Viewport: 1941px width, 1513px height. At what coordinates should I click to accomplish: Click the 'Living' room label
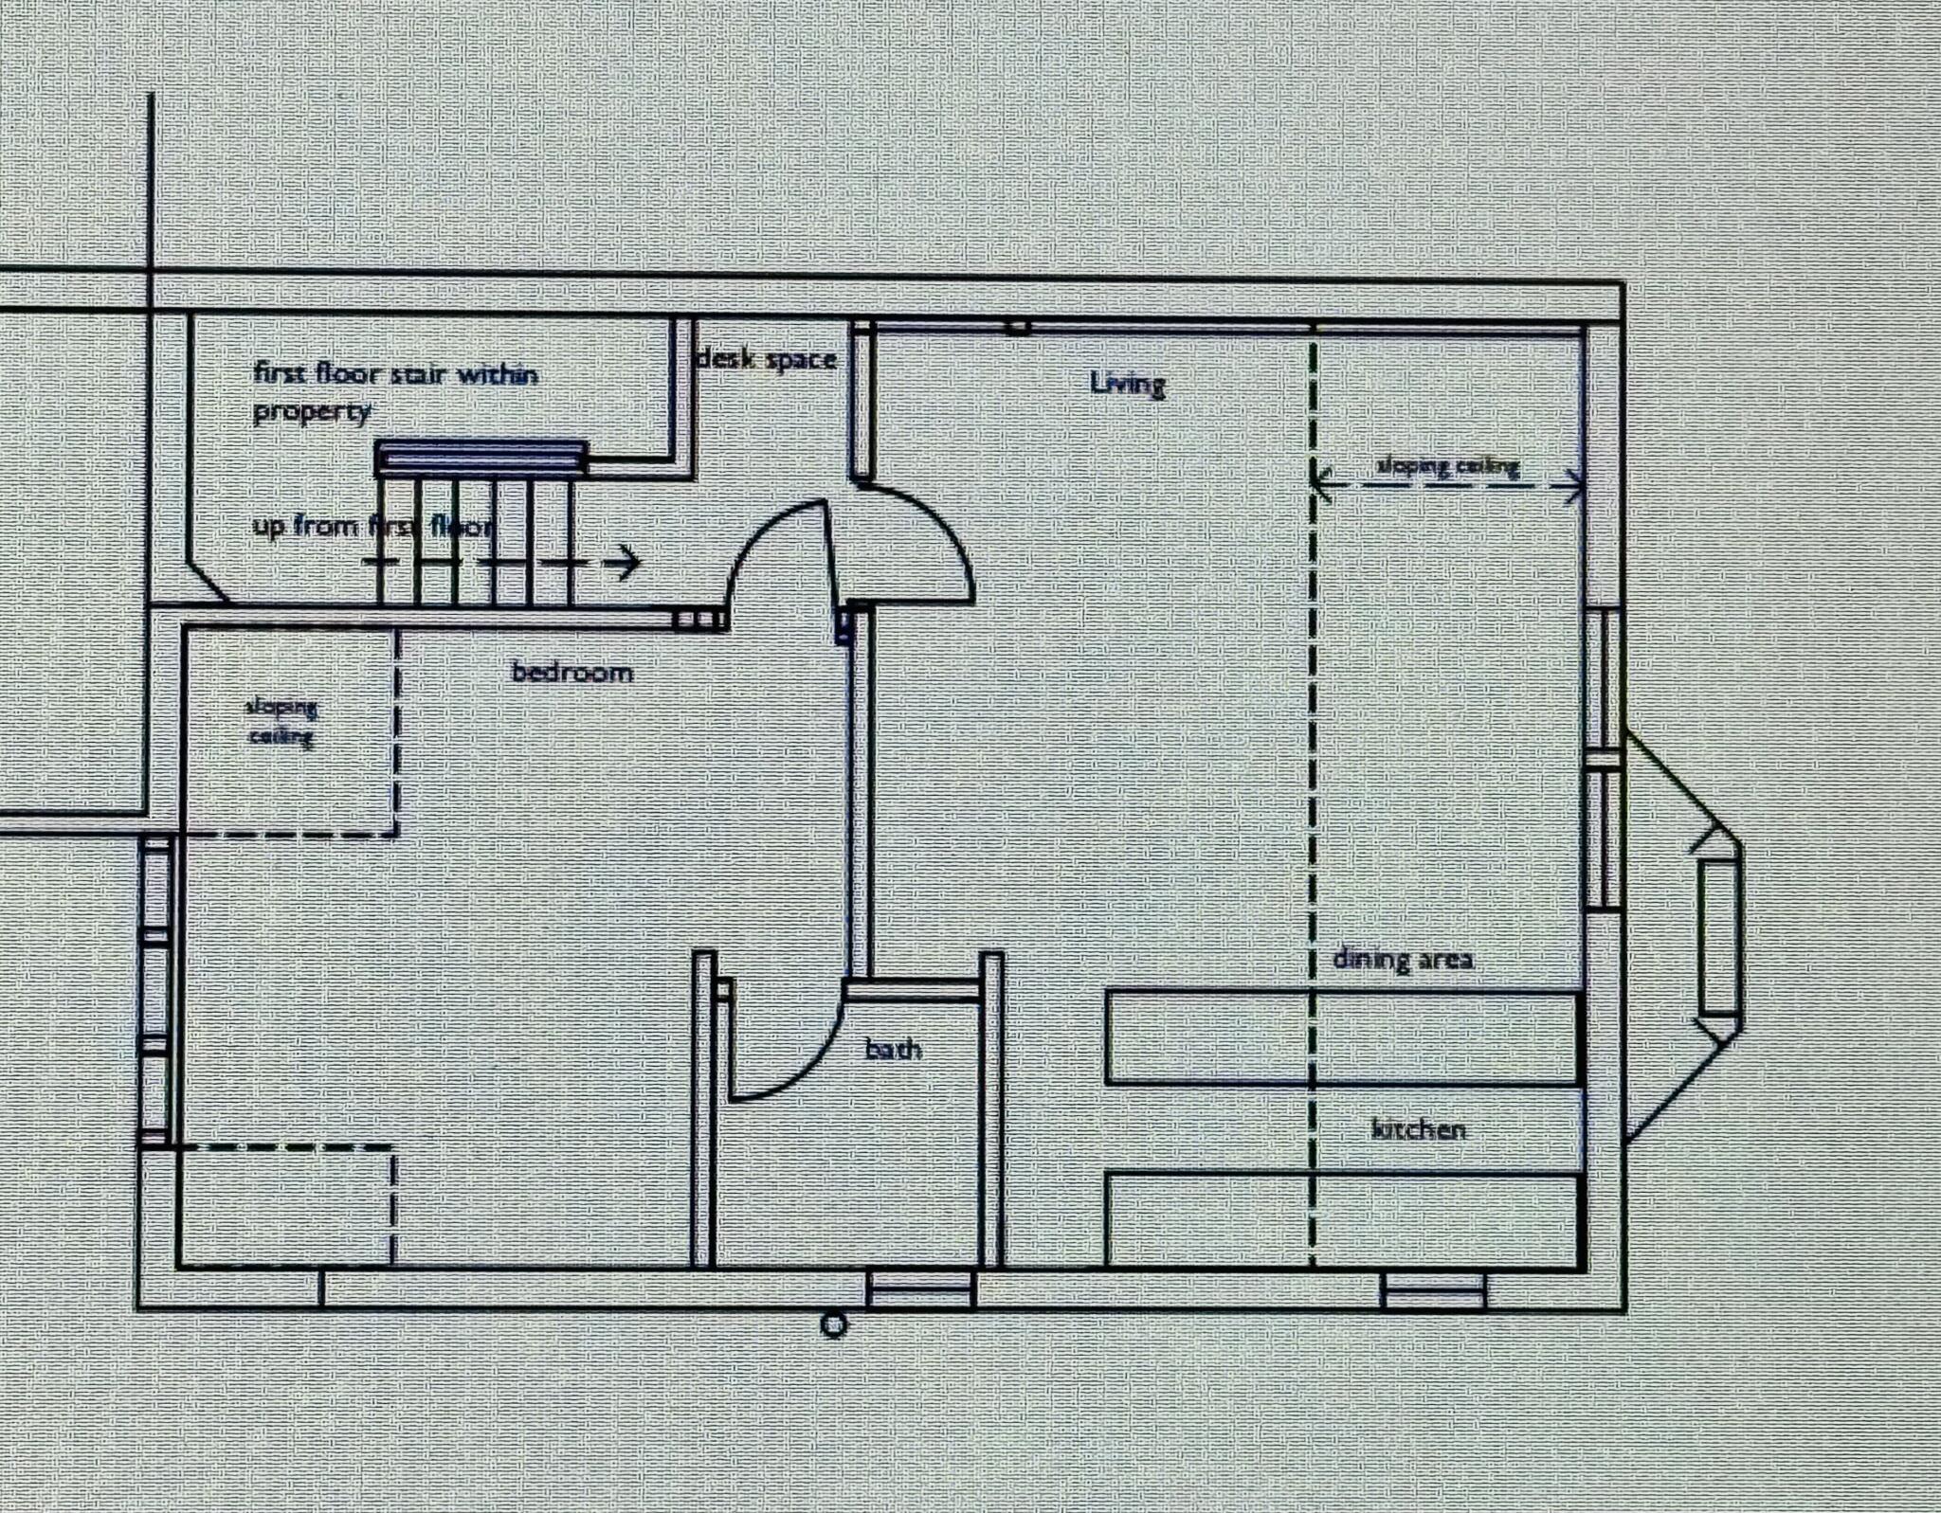(1127, 384)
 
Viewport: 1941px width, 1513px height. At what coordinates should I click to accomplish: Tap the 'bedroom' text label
(571, 673)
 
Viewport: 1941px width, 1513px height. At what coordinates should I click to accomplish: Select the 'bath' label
(893, 1049)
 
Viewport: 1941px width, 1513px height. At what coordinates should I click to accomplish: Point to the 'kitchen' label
(1419, 1129)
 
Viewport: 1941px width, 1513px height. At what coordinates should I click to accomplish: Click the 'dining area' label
(1403, 959)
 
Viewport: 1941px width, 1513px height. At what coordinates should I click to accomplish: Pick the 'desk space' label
(766, 360)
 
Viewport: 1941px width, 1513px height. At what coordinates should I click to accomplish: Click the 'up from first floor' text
(372, 526)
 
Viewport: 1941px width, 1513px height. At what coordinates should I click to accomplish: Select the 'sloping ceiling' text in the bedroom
(281, 721)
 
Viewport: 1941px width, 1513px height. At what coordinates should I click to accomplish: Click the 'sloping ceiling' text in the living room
(1447, 466)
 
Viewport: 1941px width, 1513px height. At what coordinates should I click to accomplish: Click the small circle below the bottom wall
(833, 1324)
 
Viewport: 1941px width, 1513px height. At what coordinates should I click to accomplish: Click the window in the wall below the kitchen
(1433, 1290)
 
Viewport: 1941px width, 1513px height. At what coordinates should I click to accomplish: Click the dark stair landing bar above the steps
(481, 458)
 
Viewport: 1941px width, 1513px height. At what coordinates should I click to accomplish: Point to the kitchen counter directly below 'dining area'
(1342, 1037)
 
